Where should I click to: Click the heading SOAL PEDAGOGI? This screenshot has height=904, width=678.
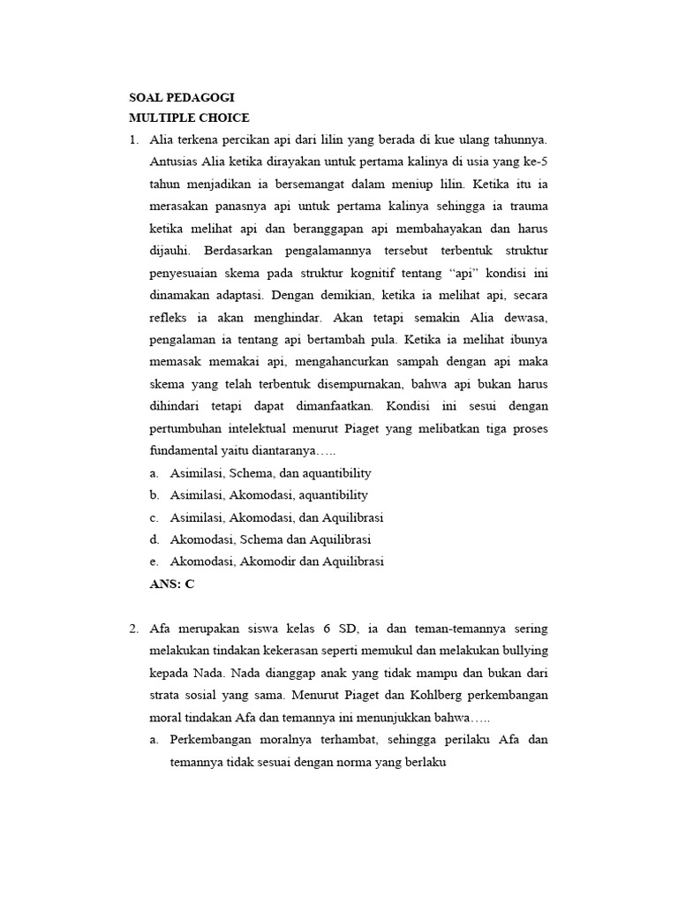[182, 97]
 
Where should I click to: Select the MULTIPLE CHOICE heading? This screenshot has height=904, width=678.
[189, 118]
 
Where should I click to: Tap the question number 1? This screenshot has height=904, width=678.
[133, 139]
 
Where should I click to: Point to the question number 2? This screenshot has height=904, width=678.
[133, 629]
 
